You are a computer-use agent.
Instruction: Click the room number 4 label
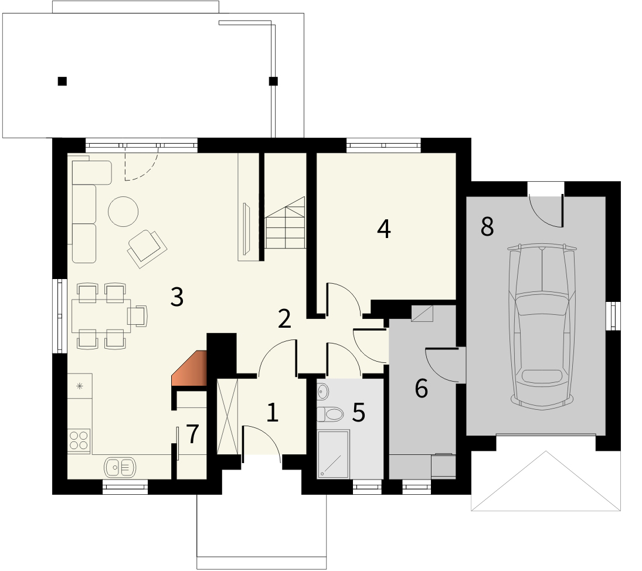tap(383, 229)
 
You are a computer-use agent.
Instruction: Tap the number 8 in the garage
tap(487, 226)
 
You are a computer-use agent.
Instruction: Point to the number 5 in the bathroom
tap(359, 413)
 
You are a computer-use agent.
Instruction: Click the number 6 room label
tap(422, 389)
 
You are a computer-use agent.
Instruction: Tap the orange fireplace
tap(189, 368)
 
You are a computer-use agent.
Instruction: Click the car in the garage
tap(542, 326)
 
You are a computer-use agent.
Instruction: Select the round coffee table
tap(123, 212)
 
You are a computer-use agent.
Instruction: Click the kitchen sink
tap(120, 467)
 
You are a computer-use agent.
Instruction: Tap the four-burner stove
tap(79, 440)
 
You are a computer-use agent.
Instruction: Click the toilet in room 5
tap(330, 414)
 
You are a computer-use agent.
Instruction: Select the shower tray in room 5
tap(333, 454)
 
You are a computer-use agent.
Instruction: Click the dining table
tap(101, 316)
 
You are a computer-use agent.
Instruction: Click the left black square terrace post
tap(62, 81)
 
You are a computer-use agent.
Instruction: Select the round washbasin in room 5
tap(322, 392)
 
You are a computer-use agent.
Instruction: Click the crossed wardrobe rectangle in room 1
tap(227, 417)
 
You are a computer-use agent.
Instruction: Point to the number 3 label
tap(177, 297)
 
